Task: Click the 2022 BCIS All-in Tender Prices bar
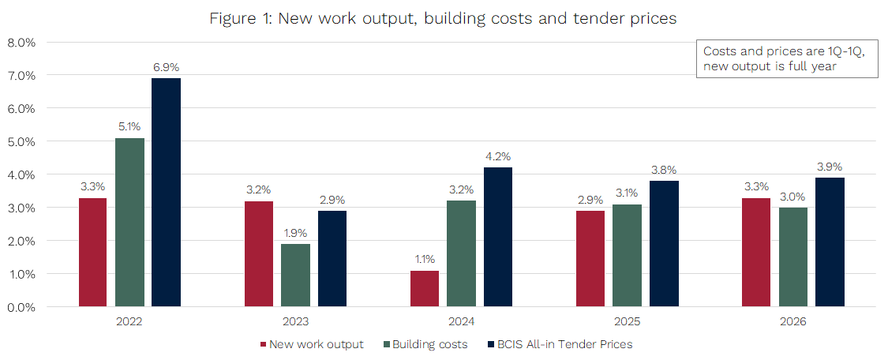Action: (166, 192)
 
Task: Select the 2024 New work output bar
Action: (425, 288)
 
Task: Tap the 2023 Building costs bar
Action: (295, 275)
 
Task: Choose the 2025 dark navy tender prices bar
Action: (664, 243)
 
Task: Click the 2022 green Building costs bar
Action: (129, 222)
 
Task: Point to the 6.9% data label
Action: (166, 68)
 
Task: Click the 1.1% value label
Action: (425, 259)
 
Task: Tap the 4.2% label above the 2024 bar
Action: (498, 157)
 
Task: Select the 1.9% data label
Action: (295, 233)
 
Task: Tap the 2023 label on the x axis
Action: (295, 322)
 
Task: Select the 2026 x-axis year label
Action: (792, 322)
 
